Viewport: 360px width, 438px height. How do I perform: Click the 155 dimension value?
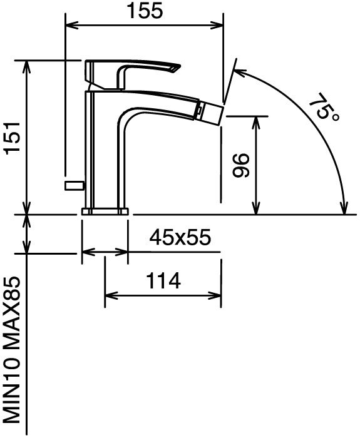[x=145, y=11]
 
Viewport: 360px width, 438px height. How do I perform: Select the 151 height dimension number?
[x=13, y=137]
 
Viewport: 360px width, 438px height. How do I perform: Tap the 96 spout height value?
[x=240, y=165]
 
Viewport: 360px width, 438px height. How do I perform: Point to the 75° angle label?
[x=324, y=108]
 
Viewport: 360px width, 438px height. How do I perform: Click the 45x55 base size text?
[x=180, y=238]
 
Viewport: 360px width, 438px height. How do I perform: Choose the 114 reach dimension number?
[x=163, y=281]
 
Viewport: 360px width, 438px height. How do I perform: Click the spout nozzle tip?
[x=211, y=111]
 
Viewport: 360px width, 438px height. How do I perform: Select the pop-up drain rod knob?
[x=75, y=186]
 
